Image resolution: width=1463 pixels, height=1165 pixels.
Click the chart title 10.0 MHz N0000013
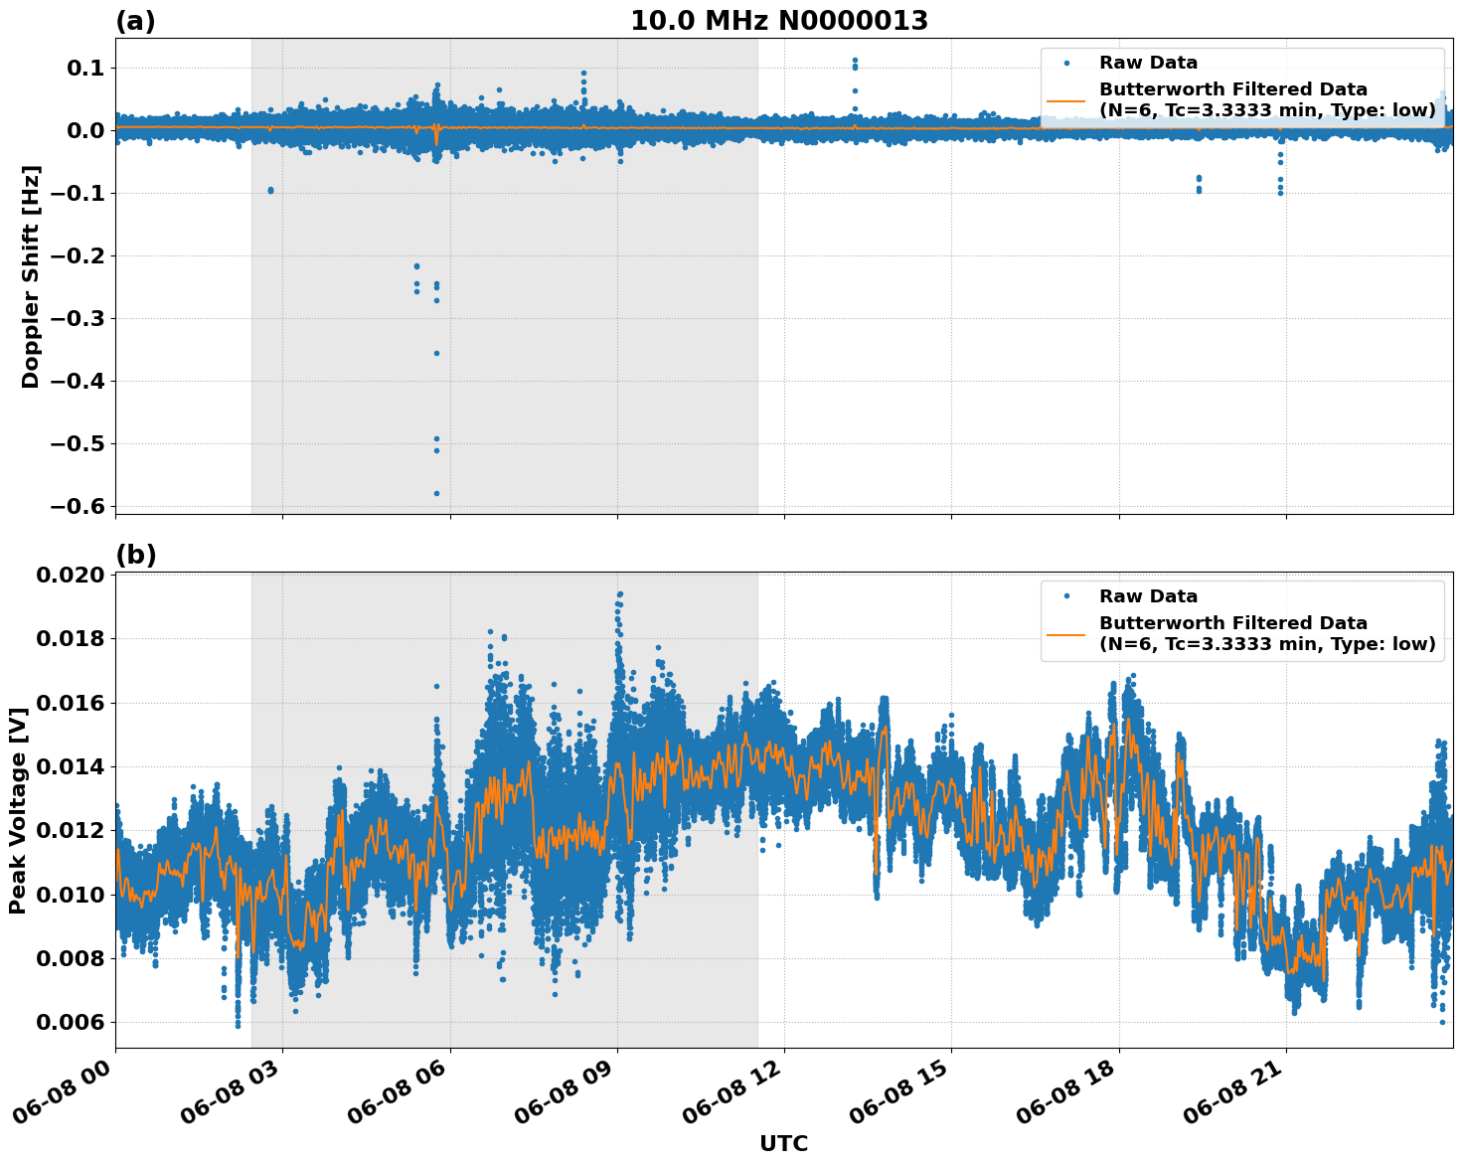pos(778,21)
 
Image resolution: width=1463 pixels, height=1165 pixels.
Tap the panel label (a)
pos(135,21)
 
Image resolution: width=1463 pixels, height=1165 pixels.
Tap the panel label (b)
pos(135,555)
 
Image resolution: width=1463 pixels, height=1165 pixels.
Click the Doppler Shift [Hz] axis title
pos(31,275)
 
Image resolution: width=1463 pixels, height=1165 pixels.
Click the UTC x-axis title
pos(783,1143)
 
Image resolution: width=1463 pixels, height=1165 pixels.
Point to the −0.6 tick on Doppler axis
pos(78,507)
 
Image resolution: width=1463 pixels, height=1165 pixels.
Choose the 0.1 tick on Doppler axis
pos(84,69)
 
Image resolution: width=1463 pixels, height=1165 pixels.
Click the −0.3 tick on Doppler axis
pos(78,319)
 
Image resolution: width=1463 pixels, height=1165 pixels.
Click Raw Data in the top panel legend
pos(1148,64)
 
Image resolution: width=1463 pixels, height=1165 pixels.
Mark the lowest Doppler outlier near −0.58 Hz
pos(436,493)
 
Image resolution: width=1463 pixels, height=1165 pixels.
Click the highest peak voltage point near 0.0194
pos(619,594)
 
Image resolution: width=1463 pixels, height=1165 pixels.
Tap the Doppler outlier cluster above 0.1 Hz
pos(855,62)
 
